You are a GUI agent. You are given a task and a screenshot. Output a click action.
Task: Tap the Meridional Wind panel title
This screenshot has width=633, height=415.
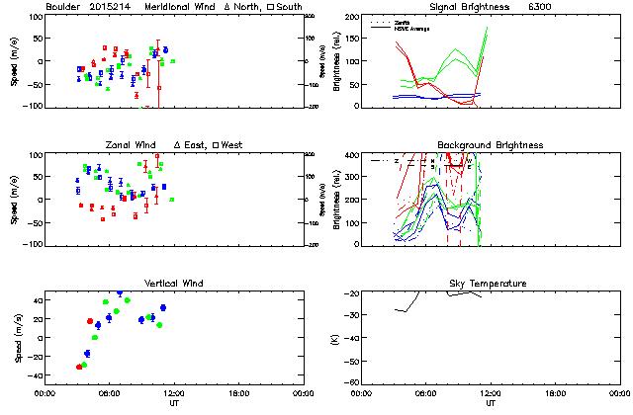(179, 7)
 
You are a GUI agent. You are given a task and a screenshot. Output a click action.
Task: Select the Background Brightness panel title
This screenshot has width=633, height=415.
(490, 145)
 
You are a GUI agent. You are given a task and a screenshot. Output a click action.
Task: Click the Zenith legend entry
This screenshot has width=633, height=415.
(404, 21)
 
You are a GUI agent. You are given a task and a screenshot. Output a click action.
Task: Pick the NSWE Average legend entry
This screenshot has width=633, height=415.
(410, 27)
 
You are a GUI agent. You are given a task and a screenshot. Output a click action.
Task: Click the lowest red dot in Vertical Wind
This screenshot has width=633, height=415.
(79, 367)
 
